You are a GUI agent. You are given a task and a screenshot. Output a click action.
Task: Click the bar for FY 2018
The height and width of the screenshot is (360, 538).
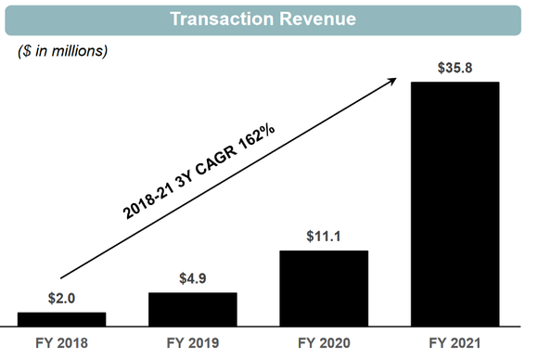coord(61,318)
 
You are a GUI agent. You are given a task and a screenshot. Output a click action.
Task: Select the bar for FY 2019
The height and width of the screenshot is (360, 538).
coord(192,308)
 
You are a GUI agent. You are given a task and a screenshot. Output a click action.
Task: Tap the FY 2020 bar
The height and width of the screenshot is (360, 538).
coord(324,288)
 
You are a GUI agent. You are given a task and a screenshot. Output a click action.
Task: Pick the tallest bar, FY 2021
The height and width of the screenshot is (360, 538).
coord(455,203)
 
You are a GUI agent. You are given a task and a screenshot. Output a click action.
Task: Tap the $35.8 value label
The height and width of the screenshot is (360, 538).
coord(455,69)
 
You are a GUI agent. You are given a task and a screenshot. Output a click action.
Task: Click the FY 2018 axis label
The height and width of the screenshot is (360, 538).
coord(61,342)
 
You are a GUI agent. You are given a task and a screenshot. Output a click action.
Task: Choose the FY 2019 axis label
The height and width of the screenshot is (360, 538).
coord(192,342)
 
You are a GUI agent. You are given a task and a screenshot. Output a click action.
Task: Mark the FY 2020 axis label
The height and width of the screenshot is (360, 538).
coord(324,342)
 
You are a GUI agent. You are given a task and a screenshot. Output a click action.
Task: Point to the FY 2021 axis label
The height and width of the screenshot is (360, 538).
coord(455,342)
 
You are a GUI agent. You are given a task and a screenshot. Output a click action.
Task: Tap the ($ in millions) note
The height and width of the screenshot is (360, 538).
coord(63,50)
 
